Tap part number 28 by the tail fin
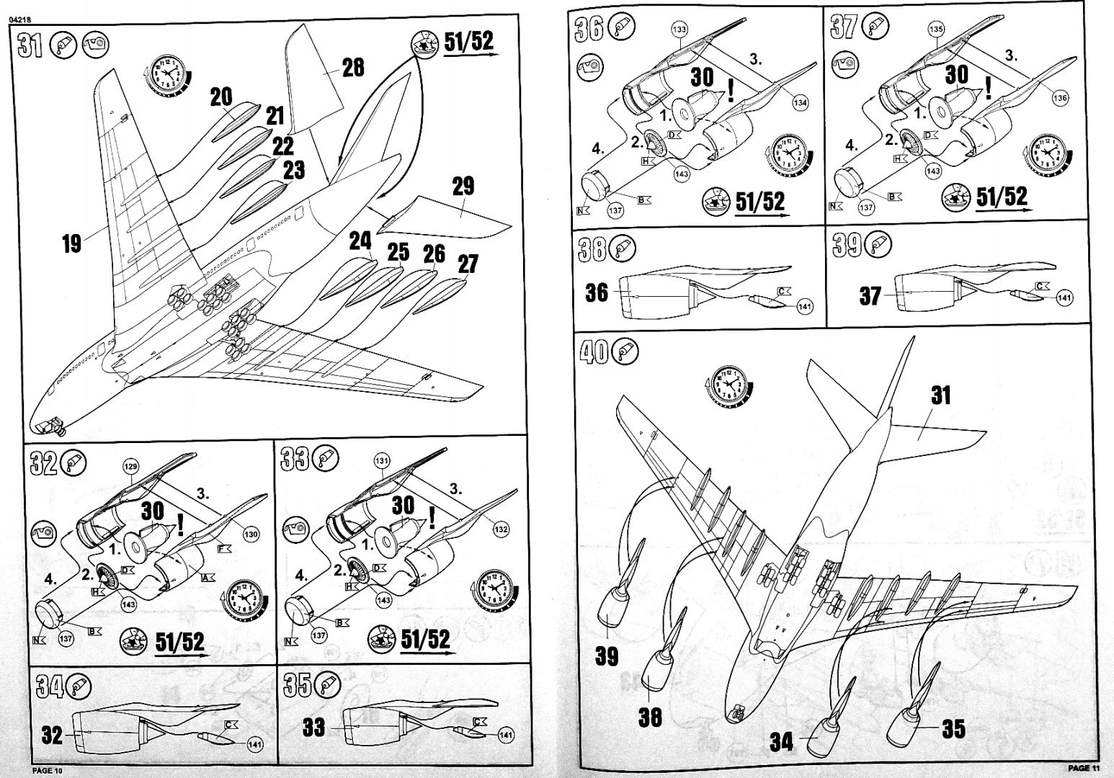pyautogui.click(x=353, y=68)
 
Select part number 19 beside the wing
pyautogui.click(x=71, y=243)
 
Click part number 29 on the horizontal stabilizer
pyautogui.click(x=463, y=186)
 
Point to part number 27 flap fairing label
pyautogui.click(x=468, y=264)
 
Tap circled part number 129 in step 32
pyautogui.click(x=130, y=468)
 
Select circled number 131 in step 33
pyautogui.click(x=382, y=461)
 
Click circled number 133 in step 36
pyautogui.click(x=679, y=30)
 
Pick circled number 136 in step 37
pyautogui.click(x=1060, y=98)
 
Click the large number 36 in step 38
pyautogui.click(x=597, y=293)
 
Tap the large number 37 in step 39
pyautogui.click(x=870, y=296)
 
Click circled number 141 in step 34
pyautogui.click(x=254, y=744)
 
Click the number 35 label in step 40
pyautogui.click(x=953, y=729)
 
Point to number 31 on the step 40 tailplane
pyautogui.click(x=940, y=395)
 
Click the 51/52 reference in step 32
pyautogui.click(x=180, y=640)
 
